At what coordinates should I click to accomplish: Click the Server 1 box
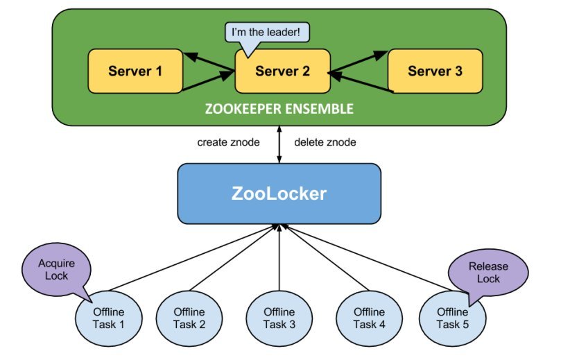[x=135, y=71]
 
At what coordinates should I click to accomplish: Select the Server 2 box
[x=282, y=71]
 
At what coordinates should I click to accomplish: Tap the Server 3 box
[x=435, y=71]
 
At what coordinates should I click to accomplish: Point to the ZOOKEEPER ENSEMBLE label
[x=279, y=109]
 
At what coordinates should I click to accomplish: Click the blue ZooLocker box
[x=279, y=194]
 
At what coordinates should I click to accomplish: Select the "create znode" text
[x=228, y=143]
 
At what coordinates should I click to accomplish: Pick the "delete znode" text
[x=325, y=143]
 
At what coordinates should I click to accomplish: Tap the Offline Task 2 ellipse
[x=189, y=318]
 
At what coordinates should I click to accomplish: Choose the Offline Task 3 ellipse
[x=278, y=318]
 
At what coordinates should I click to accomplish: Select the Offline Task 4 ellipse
[x=369, y=318]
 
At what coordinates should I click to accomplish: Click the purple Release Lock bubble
[x=488, y=272]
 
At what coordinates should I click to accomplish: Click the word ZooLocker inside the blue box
[x=279, y=194]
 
